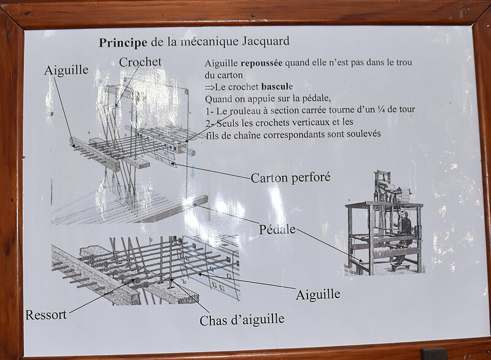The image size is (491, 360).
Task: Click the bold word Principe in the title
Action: (123, 43)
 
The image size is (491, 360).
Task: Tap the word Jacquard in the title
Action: (266, 41)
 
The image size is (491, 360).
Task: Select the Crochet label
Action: (140, 62)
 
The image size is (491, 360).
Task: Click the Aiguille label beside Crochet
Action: (66, 71)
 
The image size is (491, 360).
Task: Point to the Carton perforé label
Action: (290, 178)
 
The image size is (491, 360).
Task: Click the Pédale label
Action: (277, 229)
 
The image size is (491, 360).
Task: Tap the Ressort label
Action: (46, 315)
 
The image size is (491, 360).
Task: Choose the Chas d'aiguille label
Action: (242, 320)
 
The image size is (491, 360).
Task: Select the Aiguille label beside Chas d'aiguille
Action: (318, 294)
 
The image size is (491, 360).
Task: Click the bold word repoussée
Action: (261, 63)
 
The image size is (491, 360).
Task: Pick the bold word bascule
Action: (277, 86)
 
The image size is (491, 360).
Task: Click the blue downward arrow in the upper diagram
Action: (193, 171)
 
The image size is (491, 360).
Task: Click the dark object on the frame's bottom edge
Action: (433, 353)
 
